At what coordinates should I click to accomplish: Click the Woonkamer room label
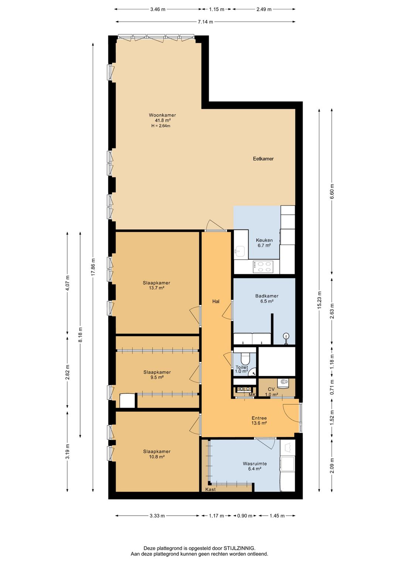(x=162, y=115)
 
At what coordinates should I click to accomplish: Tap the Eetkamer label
(x=263, y=159)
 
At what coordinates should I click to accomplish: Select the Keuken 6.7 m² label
(x=264, y=243)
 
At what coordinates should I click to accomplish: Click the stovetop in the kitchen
(x=263, y=267)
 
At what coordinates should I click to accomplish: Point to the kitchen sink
(x=239, y=252)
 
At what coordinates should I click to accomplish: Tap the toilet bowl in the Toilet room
(x=245, y=359)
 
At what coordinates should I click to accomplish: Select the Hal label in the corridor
(x=216, y=302)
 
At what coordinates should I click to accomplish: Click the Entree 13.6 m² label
(x=259, y=421)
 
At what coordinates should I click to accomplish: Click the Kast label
(x=211, y=489)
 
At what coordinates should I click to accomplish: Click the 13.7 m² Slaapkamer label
(x=157, y=285)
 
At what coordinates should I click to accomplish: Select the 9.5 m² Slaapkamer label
(x=157, y=375)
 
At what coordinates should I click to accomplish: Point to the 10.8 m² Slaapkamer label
(x=157, y=454)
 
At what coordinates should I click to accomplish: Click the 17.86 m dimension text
(x=93, y=267)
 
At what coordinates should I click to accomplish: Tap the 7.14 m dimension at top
(x=205, y=22)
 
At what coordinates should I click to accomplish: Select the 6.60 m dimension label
(x=332, y=191)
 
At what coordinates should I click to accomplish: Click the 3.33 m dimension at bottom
(x=157, y=516)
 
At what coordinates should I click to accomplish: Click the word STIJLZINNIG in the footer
(x=239, y=548)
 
